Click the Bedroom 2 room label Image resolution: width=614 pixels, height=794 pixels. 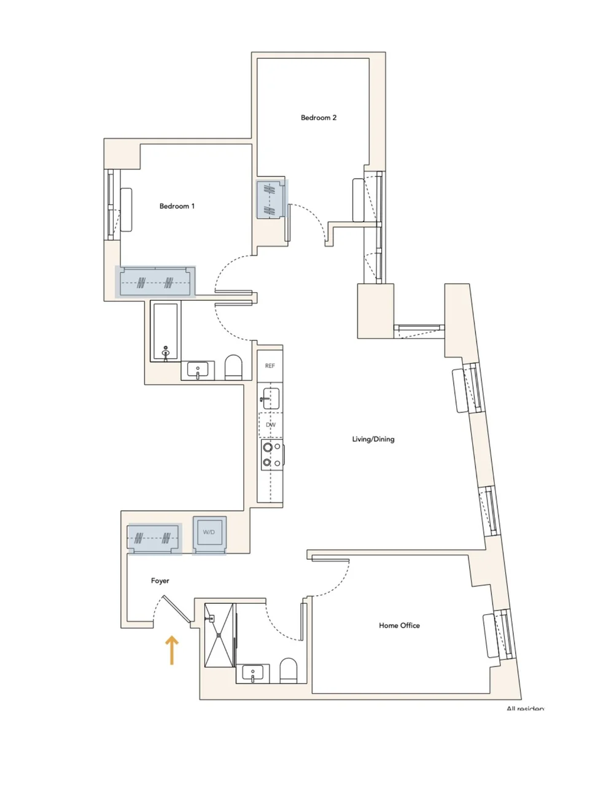(x=318, y=118)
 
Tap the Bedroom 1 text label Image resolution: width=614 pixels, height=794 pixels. (x=177, y=206)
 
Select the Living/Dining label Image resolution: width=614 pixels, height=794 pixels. (x=373, y=439)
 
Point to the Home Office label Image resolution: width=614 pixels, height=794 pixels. (x=399, y=626)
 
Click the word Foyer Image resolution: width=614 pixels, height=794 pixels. (x=160, y=581)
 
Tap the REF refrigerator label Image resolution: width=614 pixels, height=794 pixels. (x=270, y=366)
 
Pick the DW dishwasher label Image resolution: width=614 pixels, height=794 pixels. (x=270, y=425)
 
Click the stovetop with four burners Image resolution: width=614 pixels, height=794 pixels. (x=271, y=455)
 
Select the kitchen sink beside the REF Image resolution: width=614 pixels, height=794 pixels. (x=270, y=398)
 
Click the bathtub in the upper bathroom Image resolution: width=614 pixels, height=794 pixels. (x=166, y=332)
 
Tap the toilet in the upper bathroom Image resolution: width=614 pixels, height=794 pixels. (x=234, y=368)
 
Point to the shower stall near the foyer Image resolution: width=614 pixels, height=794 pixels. (x=219, y=634)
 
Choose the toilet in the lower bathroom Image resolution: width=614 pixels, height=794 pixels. (x=289, y=671)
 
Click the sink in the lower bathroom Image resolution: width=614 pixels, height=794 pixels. (x=252, y=674)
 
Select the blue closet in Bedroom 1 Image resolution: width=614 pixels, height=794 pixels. (x=155, y=282)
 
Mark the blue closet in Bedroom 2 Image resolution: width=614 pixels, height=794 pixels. (x=271, y=199)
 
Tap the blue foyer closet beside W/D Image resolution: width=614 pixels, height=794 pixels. (x=154, y=538)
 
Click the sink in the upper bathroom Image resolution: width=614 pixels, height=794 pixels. (x=198, y=371)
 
